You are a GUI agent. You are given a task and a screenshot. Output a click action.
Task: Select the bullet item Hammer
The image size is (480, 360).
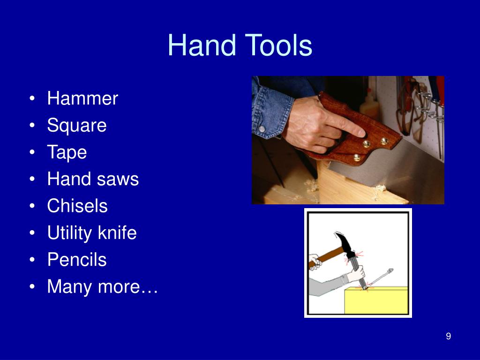tap(82, 98)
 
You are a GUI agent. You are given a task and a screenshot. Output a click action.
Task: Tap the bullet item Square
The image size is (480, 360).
tap(77, 126)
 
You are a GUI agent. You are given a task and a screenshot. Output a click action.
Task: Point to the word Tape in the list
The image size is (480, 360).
tap(67, 152)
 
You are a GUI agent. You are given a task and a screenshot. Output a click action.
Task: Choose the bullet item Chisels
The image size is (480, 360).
tap(77, 206)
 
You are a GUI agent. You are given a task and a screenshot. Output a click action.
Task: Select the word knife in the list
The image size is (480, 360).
tap(118, 232)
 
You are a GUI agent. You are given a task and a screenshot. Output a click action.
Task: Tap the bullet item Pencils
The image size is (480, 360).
tap(77, 260)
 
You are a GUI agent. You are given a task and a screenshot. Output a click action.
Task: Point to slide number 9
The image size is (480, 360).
tap(449, 336)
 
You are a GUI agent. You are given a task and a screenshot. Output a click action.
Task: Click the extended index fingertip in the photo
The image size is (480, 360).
tap(361, 132)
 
